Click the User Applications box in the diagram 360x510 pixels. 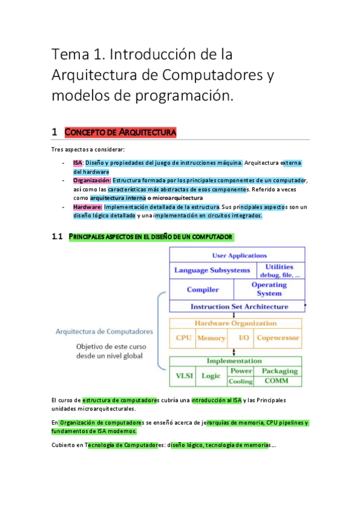pyautogui.click(x=239, y=256)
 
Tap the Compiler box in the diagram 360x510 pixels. pyautogui.click(x=203, y=289)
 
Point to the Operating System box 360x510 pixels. pyautogui.click(x=269, y=289)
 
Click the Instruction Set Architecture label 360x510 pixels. pyautogui.click(x=239, y=307)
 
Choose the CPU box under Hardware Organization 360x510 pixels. pyautogui.click(x=183, y=338)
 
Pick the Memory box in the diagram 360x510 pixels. pyautogui.click(x=212, y=338)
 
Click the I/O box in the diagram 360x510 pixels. pyautogui.click(x=243, y=338)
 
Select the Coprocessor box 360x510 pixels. pyautogui.click(x=278, y=338)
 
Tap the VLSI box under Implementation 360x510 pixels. pyautogui.click(x=184, y=376)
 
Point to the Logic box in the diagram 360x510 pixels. pyautogui.click(x=211, y=376)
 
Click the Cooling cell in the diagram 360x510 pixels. pyautogui.click(x=242, y=381)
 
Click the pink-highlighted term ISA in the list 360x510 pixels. pyautogui.click(x=78, y=162)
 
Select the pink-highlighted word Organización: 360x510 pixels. pyautogui.click(x=92, y=180)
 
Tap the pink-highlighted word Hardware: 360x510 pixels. pyautogui.click(x=87, y=206)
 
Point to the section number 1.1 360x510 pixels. pyautogui.click(x=58, y=237)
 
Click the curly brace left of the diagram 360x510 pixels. pyautogui.click(x=161, y=331)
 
